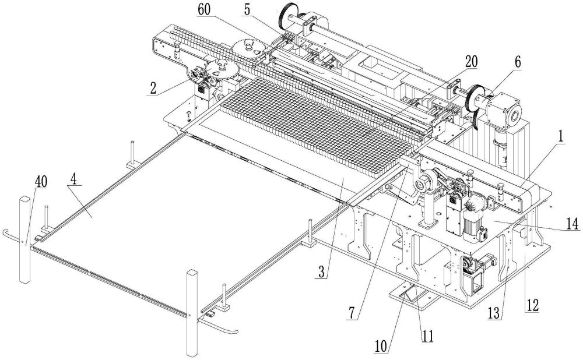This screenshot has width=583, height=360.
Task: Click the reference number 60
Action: coord(204,9)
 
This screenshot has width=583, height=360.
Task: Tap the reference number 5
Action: coord(247,9)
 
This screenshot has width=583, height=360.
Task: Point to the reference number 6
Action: coord(518,62)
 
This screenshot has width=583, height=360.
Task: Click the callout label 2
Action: coord(152,89)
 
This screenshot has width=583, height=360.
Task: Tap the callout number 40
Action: coord(41,182)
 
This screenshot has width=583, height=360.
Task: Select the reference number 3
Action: coord(322,272)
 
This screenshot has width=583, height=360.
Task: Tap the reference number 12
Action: coord(532,305)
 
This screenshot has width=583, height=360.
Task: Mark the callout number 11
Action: coord(427,337)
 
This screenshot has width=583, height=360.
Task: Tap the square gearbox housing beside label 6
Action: coord(503,110)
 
